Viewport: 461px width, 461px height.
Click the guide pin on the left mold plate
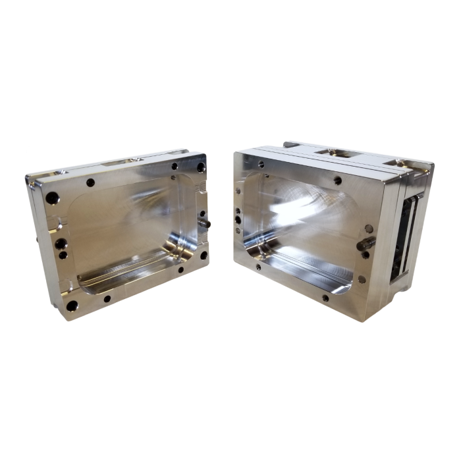(x=205, y=225)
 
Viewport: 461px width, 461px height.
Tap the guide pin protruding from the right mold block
(x=365, y=244)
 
